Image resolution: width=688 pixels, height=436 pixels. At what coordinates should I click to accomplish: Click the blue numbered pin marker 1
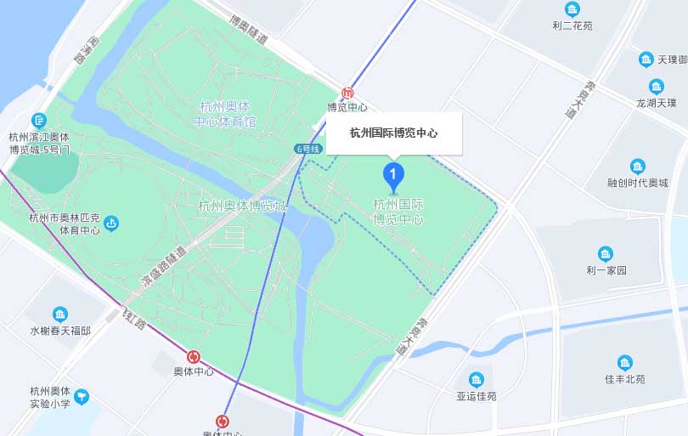(x=393, y=176)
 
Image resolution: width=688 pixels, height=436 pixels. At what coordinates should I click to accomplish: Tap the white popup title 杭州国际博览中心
(x=394, y=133)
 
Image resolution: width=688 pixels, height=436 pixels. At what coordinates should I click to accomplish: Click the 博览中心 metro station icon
(x=347, y=93)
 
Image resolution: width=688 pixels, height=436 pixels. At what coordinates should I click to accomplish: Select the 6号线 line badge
(x=308, y=149)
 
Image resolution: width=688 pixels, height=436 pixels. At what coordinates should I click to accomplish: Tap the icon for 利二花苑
(x=572, y=10)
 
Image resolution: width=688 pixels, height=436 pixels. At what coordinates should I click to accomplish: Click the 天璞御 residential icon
(x=646, y=59)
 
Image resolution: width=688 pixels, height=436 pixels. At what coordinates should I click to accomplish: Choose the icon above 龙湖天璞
(x=656, y=87)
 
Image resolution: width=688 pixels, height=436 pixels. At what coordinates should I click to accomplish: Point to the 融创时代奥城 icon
(x=638, y=167)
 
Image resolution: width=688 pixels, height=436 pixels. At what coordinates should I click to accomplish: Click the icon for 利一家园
(x=606, y=254)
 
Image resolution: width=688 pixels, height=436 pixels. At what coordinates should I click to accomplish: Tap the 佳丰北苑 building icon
(x=625, y=363)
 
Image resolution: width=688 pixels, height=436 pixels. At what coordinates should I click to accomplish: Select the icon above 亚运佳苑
(x=476, y=379)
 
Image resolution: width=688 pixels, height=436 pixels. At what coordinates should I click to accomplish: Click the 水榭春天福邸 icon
(x=60, y=314)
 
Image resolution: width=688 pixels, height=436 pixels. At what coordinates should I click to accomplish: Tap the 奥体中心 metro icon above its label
(x=194, y=357)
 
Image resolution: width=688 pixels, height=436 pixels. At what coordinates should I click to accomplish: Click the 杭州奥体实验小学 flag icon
(x=82, y=395)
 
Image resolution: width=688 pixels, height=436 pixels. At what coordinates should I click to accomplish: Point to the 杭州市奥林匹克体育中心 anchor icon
(x=111, y=224)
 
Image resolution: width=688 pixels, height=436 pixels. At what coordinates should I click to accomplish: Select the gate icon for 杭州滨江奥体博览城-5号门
(x=38, y=121)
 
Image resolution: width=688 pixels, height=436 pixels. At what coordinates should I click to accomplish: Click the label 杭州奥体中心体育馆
(x=225, y=114)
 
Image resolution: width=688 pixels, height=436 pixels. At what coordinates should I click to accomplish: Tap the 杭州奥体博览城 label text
(x=242, y=206)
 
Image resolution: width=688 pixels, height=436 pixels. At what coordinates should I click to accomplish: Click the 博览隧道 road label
(x=249, y=29)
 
